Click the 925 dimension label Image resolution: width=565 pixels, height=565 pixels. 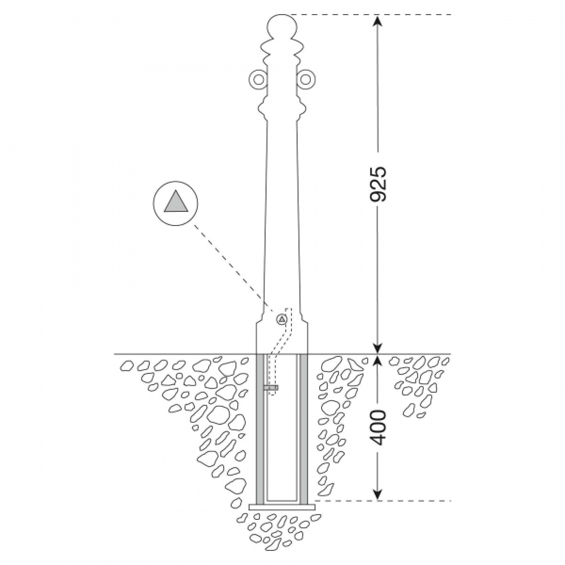coord(378,185)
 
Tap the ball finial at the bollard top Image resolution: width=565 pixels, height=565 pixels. coord(282,27)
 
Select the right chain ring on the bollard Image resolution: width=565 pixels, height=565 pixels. coord(306,80)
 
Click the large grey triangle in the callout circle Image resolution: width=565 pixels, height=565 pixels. coord(176,201)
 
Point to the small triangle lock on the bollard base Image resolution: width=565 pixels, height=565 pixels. coord(282,319)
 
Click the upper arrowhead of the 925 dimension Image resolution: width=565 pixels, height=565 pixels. coord(378,21)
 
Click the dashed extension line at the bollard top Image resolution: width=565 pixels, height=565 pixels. coord(366,15)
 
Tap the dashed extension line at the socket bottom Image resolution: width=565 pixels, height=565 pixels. coord(383,501)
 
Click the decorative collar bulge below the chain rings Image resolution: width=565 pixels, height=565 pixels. coord(282,108)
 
